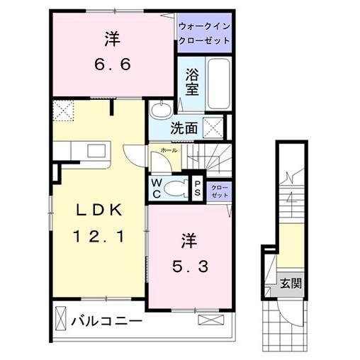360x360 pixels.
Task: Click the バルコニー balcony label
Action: click(x=106, y=322)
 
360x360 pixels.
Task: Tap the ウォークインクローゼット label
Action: click(x=204, y=33)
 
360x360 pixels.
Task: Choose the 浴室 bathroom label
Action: click(x=191, y=82)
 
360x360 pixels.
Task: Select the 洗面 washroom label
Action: click(x=183, y=129)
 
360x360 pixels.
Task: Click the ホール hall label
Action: click(x=169, y=151)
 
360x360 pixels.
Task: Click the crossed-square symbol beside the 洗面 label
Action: click(x=213, y=127)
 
